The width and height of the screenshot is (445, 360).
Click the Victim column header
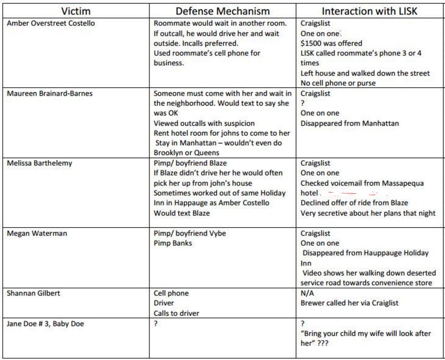pyautogui.click(x=76, y=11)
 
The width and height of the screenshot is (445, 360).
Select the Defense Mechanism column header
pyautogui.click(x=223, y=11)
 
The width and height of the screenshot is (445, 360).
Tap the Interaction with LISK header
pyautogui.click(x=369, y=11)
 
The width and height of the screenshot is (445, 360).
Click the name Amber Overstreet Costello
pyautogui.click(x=51, y=23)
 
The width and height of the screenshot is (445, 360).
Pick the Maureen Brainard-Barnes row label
pyautogui.click(x=49, y=93)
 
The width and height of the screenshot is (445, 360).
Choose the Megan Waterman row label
pyautogui.click(x=37, y=233)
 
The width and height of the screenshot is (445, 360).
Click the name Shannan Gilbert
pyautogui.click(x=33, y=293)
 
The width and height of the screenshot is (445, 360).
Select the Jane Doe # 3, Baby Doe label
pyautogui.click(x=45, y=323)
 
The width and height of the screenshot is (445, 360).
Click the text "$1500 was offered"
pyautogui.click(x=331, y=43)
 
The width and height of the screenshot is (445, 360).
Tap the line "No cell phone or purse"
pyautogui.click(x=338, y=83)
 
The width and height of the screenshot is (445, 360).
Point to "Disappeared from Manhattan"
pyautogui.click(x=349, y=123)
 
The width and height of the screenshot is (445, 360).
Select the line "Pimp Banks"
pyautogui.click(x=173, y=243)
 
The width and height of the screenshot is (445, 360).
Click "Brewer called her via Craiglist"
pyautogui.click(x=349, y=303)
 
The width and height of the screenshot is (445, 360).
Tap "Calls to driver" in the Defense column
pyautogui.click(x=176, y=313)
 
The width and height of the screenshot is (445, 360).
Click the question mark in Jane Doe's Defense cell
pyautogui.click(x=156, y=323)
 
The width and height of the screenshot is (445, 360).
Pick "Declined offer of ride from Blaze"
pyautogui.click(x=354, y=203)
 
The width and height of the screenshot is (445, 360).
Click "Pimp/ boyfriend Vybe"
pyautogui.click(x=189, y=233)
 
